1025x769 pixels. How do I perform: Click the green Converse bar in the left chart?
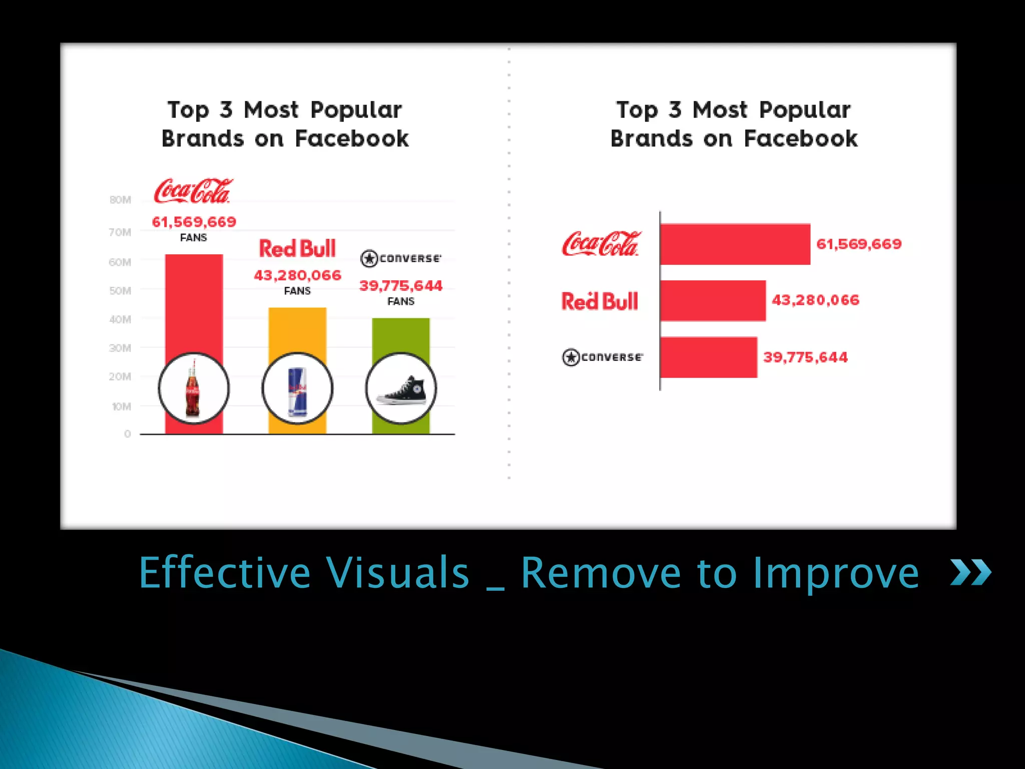tap(400, 335)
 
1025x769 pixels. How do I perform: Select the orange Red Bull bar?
tap(297, 330)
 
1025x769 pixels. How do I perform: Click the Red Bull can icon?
tap(297, 389)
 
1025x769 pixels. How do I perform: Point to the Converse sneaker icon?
tap(401, 389)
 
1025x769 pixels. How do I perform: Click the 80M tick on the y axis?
tap(120, 200)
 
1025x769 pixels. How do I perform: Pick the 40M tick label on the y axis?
tap(120, 319)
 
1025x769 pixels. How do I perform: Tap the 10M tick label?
tap(121, 407)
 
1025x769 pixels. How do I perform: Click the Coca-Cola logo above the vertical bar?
tap(193, 191)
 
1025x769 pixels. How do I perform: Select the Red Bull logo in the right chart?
tap(600, 301)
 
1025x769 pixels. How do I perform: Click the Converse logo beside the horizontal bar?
tap(602, 357)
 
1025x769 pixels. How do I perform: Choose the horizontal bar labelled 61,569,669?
tap(735, 244)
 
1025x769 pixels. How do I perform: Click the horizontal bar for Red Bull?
tap(713, 300)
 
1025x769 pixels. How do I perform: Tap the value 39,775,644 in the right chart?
tap(805, 357)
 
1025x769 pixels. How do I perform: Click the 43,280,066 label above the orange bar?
tap(297, 275)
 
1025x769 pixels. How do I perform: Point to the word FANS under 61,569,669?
tap(193, 238)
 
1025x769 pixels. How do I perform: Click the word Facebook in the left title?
tap(352, 139)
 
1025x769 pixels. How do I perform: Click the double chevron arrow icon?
tap(970, 572)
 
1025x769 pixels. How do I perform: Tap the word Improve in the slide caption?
tap(836, 573)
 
